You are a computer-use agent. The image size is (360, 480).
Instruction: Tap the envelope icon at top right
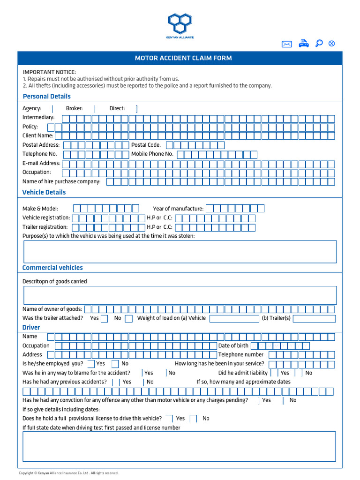tap(286, 44)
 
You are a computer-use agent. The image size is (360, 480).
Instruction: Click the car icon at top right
tap(304, 44)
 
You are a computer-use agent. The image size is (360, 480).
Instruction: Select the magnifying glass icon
tap(319, 44)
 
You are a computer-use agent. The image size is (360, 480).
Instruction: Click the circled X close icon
tap(332, 44)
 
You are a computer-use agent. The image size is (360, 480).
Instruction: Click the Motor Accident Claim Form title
tap(183, 58)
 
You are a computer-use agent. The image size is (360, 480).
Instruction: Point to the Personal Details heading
tap(47, 96)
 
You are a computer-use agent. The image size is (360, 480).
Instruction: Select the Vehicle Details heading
tap(44, 192)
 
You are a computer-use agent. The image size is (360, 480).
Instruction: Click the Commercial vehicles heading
tap(52, 268)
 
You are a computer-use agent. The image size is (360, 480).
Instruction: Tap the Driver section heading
tap(31, 327)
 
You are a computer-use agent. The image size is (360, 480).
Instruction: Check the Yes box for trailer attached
tap(105, 319)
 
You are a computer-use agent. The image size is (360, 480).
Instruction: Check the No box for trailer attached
tap(129, 319)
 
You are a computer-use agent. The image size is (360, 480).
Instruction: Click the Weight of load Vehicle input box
tap(234, 319)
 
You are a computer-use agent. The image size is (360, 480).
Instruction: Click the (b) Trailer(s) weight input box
tap(314, 319)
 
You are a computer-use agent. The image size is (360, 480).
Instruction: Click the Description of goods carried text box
tap(180, 295)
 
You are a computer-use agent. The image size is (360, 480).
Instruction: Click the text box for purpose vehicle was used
tap(180, 252)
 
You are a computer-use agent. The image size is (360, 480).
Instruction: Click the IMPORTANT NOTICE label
tap(49, 72)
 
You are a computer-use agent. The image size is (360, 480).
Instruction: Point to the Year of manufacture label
tap(178, 209)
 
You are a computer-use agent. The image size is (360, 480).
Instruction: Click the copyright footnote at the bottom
tap(68, 473)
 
